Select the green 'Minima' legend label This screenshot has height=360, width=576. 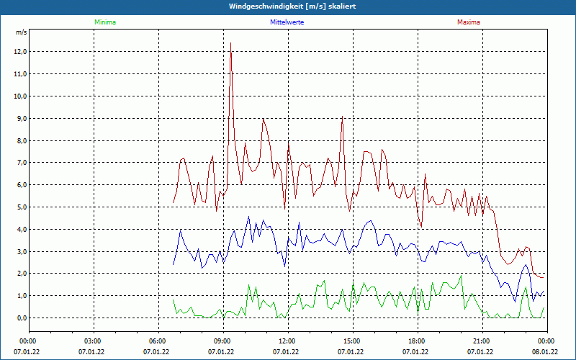104,22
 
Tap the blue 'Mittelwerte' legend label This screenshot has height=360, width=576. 287,22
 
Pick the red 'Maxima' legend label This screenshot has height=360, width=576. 469,22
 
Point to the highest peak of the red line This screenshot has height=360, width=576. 230,43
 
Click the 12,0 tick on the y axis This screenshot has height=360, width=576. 19,52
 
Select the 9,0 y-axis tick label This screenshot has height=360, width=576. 19,118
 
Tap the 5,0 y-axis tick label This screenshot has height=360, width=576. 19,207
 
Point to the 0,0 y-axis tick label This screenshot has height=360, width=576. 19,318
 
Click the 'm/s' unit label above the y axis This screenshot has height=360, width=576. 21,32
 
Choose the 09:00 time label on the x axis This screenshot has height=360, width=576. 222,341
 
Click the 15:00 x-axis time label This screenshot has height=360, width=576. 351,341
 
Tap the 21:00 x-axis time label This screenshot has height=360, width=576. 481,341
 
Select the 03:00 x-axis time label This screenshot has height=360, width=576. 92,341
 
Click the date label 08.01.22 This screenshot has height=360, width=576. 546,352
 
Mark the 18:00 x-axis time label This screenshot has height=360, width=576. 416,341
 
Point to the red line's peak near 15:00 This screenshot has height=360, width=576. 342,117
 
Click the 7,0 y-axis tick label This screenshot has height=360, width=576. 19,163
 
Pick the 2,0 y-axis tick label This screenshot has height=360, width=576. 19,274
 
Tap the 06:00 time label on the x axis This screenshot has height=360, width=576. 157,341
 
